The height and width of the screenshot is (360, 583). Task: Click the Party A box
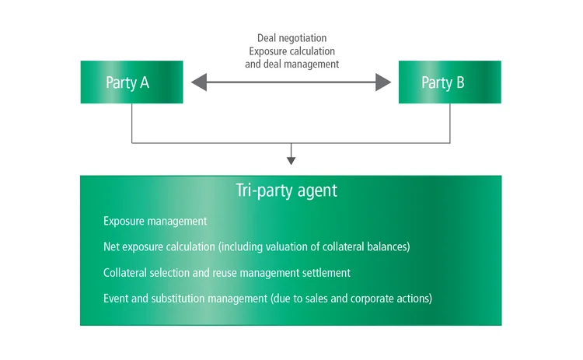[x=131, y=82]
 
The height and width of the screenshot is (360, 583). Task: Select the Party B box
[x=449, y=82]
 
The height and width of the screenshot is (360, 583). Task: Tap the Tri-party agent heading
[x=286, y=190]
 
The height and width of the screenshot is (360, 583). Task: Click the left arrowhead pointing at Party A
[x=199, y=82]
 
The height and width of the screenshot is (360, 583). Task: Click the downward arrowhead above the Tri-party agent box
[x=291, y=159]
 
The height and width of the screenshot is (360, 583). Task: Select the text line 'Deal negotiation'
[x=291, y=37]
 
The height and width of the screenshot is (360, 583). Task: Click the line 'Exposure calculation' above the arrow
[x=291, y=51]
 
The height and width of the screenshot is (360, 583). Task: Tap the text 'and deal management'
[x=291, y=64]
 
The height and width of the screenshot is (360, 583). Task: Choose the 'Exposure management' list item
[x=155, y=222]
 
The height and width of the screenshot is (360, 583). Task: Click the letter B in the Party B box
[x=460, y=82]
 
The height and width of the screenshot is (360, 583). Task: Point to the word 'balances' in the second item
[x=386, y=247]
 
